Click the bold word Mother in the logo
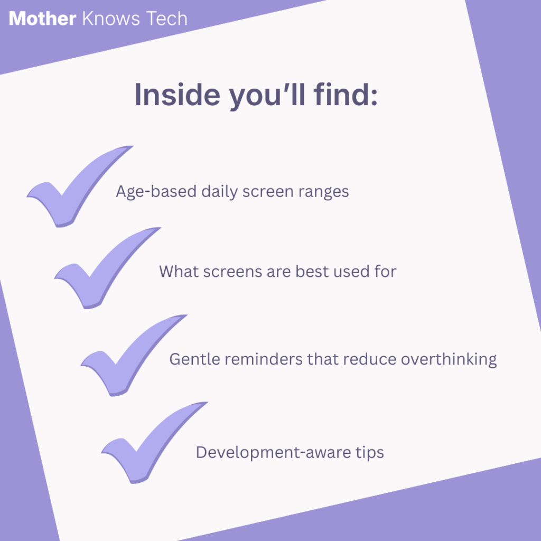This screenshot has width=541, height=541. (x=42, y=18)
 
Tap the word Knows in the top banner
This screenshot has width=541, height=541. (x=111, y=18)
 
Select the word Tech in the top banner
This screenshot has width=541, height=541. (x=166, y=18)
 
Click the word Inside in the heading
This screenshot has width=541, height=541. (x=177, y=95)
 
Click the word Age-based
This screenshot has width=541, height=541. (x=156, y=192)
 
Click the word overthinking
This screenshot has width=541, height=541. (x=449, y=360)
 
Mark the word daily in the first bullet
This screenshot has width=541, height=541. (x=219, y=192)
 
